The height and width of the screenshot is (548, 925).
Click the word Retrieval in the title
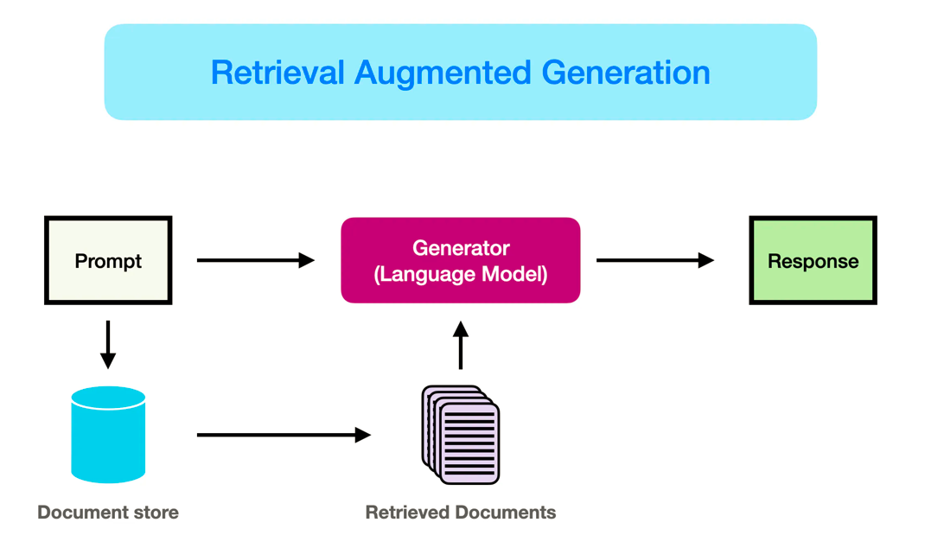(277, 73)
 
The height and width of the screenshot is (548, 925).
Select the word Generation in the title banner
(626, 73)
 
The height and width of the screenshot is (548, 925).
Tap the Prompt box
(108, 260)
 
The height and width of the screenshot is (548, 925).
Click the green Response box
(813, 260)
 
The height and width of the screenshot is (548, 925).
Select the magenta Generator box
(461, 260)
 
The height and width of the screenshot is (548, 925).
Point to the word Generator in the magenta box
(461, 248)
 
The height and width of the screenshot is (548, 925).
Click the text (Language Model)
(461, 275)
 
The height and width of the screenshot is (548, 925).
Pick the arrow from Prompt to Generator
(256, 260)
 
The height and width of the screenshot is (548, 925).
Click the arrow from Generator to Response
(655, 260)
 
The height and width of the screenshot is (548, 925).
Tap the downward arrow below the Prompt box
(108, 344)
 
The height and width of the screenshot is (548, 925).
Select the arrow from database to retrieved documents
(284, 435)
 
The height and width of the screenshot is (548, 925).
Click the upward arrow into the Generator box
(461, 345)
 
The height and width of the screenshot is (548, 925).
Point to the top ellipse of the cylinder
(108, 398)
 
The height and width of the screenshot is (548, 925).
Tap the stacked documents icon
(461, 435)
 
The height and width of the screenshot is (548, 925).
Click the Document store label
(108, 513)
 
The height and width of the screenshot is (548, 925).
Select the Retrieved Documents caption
(461, 513)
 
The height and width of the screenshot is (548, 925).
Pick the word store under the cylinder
(156, 513)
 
